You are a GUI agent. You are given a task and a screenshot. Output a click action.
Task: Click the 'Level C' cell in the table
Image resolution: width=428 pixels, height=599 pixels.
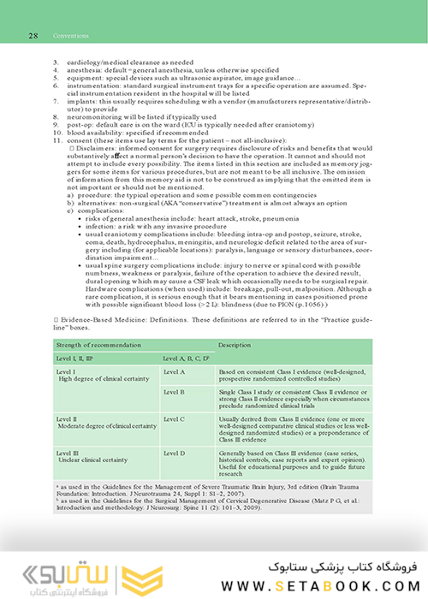pyautogui.click(x=174, y=418)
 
